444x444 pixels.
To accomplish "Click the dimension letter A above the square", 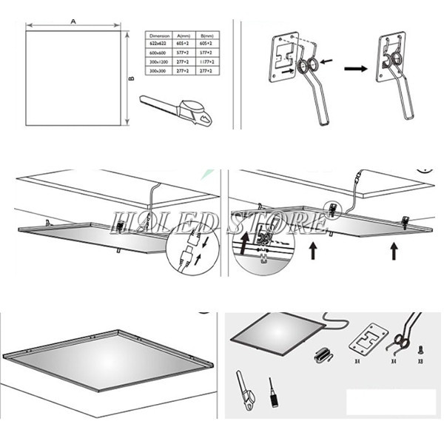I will (73, 21).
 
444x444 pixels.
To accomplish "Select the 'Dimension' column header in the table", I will (160, 35).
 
